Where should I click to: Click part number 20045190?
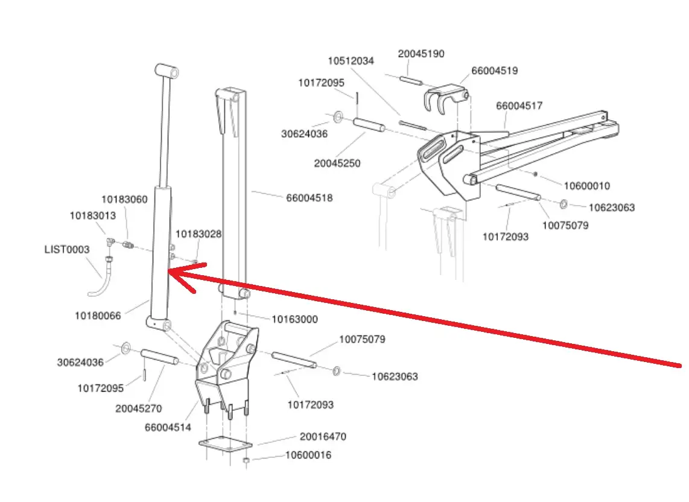coord(421,54)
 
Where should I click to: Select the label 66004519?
coord(494,71)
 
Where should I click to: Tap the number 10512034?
coord(351,61)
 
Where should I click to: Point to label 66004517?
coord(519,106)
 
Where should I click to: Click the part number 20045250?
coord(337,163)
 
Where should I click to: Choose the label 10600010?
coord(586,186)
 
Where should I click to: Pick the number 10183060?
coord(124,200)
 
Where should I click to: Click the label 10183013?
coord(92,215)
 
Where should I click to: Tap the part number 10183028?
coord(198,234)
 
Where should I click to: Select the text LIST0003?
coord(66,249)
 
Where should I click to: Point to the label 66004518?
coord(310,198)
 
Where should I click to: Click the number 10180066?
coord(98,316)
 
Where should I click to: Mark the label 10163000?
coord(294,319)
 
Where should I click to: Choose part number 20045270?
coord(138,408)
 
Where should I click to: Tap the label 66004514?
coord(168,428)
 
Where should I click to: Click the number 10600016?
coord(308,455)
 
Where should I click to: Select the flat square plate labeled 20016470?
coord(225,447)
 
